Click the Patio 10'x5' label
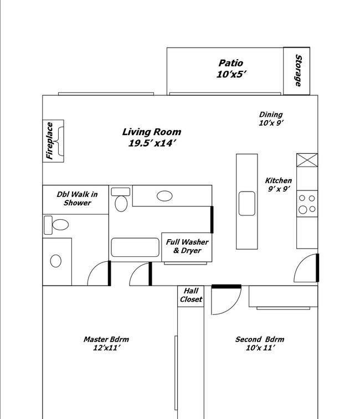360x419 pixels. (x=231, y=69)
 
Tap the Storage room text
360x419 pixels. (x=298, y=70)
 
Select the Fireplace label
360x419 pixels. (x=49, y=141)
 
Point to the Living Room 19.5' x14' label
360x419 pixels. (x=152, y=137)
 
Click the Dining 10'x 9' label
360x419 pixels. (x=271, y=118)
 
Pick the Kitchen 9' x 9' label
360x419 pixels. (x=279, y=184)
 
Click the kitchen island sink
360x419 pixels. (x=246, y=203)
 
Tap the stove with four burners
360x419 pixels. (x=307, y=204)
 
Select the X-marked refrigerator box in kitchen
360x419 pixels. (x=307, y=160)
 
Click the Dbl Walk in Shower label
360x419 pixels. (x=77, y=198)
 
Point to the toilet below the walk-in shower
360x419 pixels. (x=56, y=225)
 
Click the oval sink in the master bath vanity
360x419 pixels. (x=55, y=261)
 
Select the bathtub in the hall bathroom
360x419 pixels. (x=135, y=247)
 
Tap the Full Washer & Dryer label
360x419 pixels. (x=187, y=246)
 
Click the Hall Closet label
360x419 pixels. (x=191, y=295)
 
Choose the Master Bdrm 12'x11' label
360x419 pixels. (x=106, y=343)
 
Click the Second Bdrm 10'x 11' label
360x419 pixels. (x=260, y=343)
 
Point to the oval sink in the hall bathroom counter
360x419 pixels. (x=164, y=196)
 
